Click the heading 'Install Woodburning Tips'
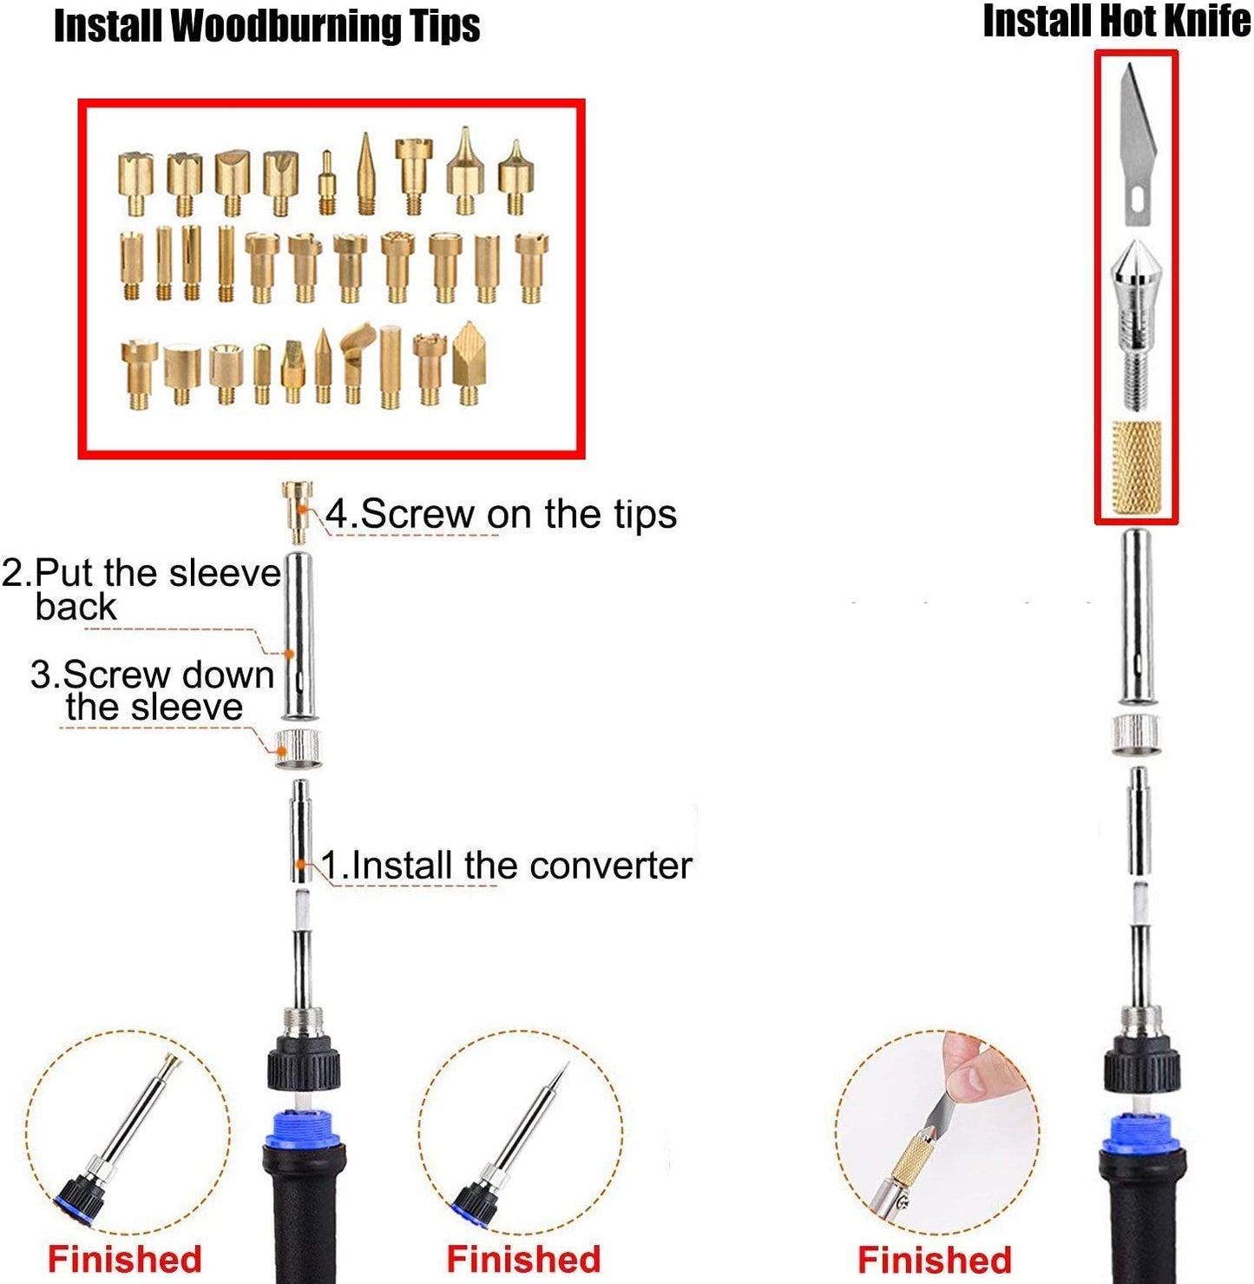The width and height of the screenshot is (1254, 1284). (266, 26)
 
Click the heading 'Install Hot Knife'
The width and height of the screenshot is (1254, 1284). (1116, 21)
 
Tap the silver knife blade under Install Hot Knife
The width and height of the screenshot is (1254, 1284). (1137, 144)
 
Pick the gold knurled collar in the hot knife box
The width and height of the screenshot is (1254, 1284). (1136, 467)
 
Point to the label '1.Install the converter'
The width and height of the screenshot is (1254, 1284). (507, 865)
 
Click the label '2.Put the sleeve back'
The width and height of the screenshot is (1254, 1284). (141, 589)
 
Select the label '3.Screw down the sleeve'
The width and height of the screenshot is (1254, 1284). (153, 690)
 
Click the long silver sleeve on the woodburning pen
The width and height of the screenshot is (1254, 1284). (299, 635)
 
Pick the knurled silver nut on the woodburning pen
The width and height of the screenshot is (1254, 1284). (299, 749)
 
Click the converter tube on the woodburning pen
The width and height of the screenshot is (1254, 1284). (301, 831)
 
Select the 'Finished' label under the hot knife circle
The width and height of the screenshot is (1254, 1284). (934, 1259)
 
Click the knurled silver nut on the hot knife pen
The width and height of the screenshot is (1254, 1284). (1135, 735)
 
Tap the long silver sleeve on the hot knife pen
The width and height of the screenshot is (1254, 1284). (1136, 616)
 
